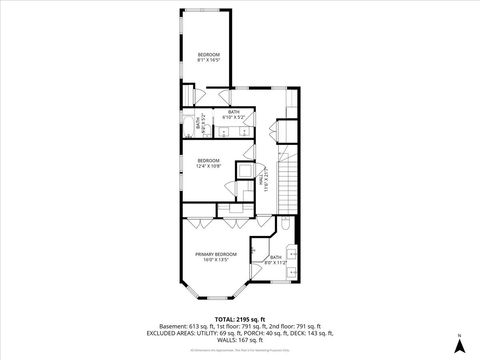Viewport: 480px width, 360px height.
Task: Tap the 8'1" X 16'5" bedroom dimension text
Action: click(x=208, y=60)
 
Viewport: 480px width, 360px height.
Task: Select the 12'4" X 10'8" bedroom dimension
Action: click(x=208, y=165)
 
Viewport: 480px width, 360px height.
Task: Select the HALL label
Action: click(x=266, y=177)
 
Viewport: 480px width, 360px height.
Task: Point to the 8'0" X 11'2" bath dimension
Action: click(x=276, y=262)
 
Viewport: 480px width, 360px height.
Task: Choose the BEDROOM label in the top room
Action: click(x=208, y=54)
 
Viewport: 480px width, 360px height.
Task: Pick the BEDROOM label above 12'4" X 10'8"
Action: click(x=208, y=160)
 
